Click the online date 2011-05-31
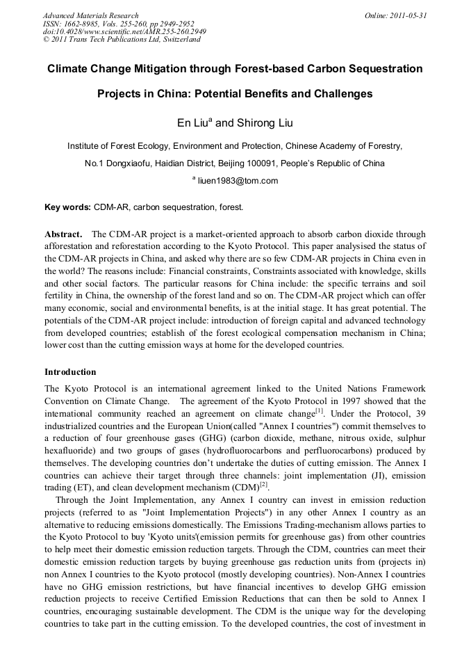(408, 15)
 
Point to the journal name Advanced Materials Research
(90, 15)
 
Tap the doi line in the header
(124, 32)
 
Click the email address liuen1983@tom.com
(238, 181)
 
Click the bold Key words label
(67, 207)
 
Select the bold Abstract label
(64, 234)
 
